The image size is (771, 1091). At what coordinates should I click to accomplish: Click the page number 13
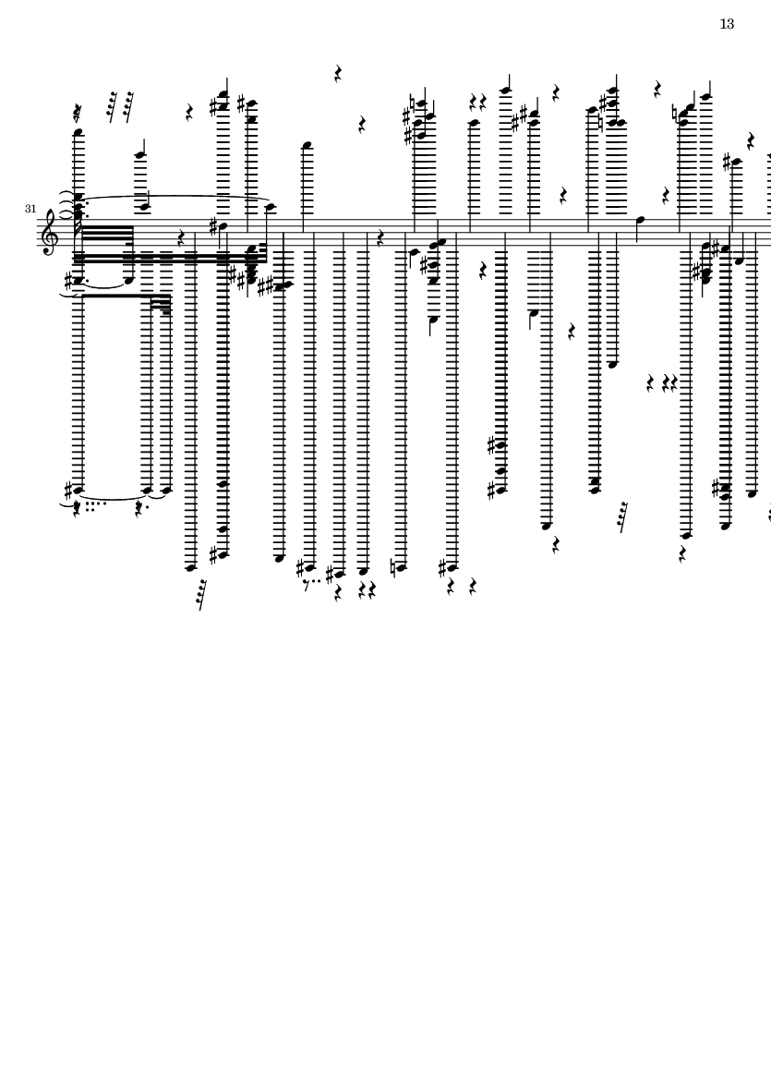click(x=727, y=24)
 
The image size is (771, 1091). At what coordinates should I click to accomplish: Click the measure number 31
click(x=30, y=209)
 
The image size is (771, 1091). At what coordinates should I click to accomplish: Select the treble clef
click(x=49, y=233)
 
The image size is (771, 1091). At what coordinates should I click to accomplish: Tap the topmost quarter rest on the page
click(x=338, y=74)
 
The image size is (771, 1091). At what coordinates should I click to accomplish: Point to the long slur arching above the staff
click(x=176, y=197)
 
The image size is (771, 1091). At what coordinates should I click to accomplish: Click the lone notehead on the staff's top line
click(x=641, y=221)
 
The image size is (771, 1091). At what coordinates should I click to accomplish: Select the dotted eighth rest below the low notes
click(x=311, y=583)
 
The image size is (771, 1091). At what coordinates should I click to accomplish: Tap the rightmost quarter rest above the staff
click(x=751, y=141)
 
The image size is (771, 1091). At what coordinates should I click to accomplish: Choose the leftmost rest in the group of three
click(x=650, y=382)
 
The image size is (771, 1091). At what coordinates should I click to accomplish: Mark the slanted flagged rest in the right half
click(x=623, y=517)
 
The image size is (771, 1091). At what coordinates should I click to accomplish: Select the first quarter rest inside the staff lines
click(x=181, y=238)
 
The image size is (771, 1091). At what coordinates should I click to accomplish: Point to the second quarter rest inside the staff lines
click(x=380, y=238)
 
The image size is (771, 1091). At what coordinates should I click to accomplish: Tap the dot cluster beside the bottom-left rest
click(x=94, y=506)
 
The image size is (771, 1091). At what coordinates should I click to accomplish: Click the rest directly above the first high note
click(x=78, y=113)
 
